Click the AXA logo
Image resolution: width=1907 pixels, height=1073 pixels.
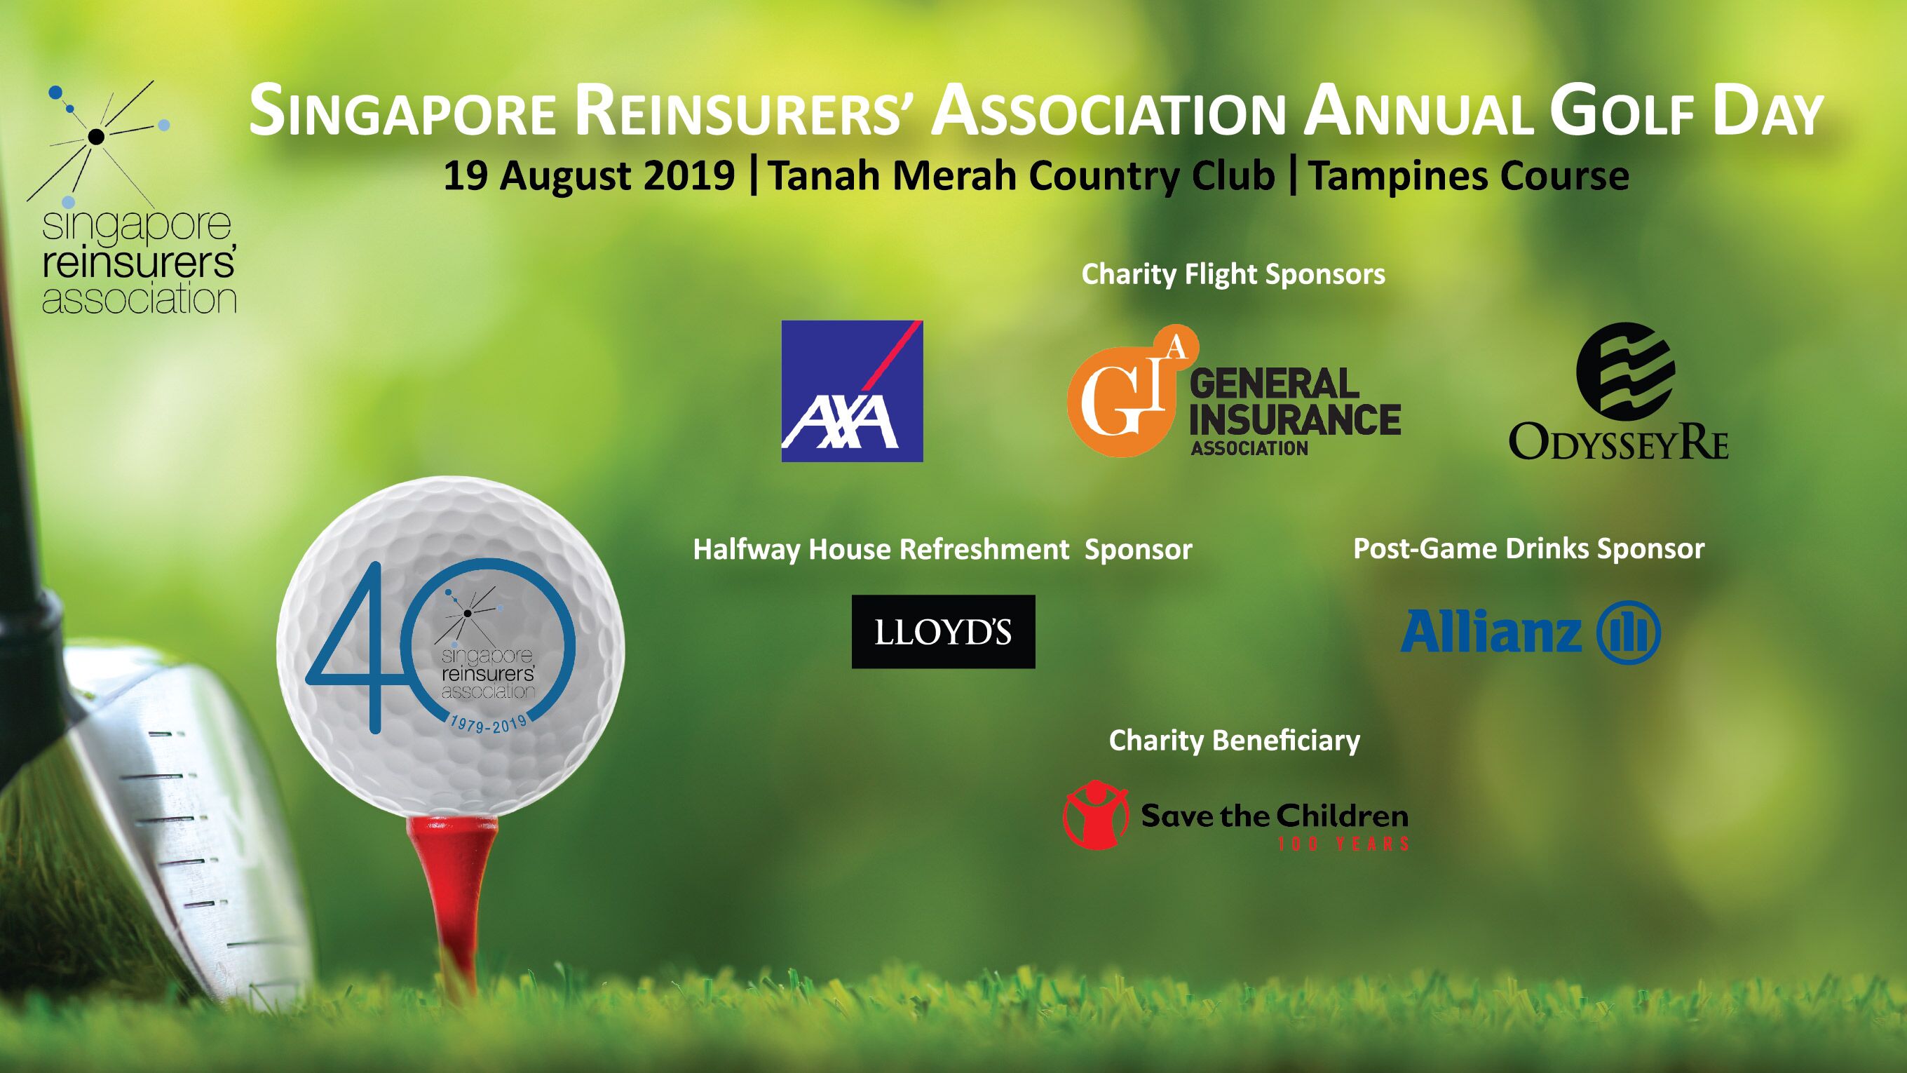click(852, 391)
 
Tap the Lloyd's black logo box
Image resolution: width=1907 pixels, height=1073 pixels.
click(943, 632)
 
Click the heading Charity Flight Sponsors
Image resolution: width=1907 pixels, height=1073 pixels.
click(1233, 275)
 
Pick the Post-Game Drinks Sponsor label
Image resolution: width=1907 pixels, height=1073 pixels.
click(1528, 548)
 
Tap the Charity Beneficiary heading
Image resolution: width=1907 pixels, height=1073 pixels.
click(1234, 741)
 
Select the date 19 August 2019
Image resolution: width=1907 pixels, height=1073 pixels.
click(589, 177)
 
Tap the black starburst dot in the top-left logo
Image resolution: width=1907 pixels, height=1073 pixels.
click(95, 135)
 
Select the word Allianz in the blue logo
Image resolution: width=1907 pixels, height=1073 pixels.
click(1491, 632)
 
